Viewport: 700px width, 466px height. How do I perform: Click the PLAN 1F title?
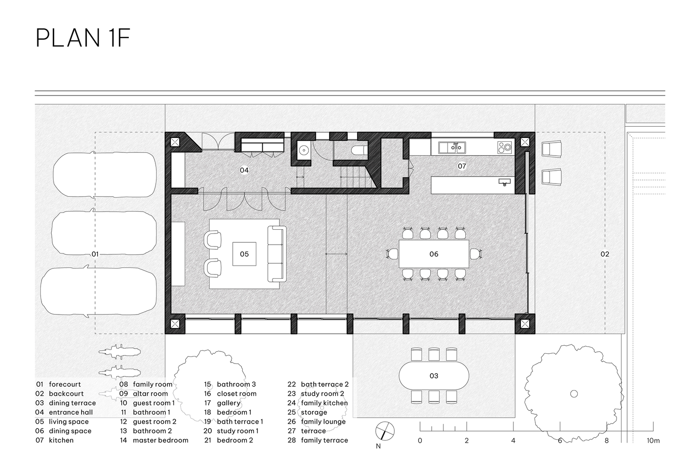point(83,38)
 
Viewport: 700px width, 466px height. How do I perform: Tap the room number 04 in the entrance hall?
point(244,170)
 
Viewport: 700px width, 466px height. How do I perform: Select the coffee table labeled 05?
point(245,254)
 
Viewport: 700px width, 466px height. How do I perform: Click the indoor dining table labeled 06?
point(434,254)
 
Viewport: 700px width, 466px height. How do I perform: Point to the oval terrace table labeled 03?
point(434,376)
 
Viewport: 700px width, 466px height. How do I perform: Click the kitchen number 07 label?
point(462,166)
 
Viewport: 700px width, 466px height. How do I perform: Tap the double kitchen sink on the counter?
point(452,148)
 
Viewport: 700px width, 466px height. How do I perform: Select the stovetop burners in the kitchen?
point(504,148)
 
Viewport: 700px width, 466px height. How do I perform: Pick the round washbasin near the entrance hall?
point(304,151)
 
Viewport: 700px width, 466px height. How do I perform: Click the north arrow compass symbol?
point(385,431)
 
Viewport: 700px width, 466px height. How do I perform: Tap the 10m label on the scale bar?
point(653,440)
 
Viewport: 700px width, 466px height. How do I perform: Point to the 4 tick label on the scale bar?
point(513,440)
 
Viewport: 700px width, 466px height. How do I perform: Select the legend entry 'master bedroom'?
point(161,440)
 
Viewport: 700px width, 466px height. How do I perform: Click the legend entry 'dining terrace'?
point(72,403)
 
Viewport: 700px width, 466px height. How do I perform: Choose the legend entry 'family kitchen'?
point(324,403)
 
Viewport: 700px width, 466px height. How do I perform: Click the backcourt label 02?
point(605,254)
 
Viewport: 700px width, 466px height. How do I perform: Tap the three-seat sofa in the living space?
point(277,254)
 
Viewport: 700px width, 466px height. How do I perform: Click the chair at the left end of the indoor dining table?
point(392,254)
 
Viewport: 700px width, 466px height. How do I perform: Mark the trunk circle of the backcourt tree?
point(574,394)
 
